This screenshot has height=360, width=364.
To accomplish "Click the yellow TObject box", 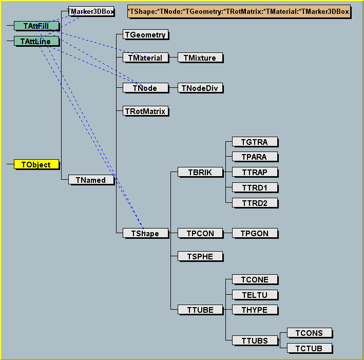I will click(36, 165).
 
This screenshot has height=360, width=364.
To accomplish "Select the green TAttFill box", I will click(36, 26).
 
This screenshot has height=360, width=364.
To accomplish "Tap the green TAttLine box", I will click(36, 41).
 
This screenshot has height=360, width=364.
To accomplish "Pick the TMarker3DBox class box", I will click(91, 11).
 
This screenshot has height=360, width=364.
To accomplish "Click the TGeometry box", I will click(146, 35).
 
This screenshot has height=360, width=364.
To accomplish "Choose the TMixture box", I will click(200, 58).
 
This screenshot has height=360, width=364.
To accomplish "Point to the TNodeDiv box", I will click(200, 88).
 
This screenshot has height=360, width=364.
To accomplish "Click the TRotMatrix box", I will click(146, 111).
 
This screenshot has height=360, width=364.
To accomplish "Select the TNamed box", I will click(91, 180).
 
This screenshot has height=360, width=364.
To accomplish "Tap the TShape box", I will click(146, 234).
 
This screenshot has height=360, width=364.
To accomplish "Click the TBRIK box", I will click(200, 172).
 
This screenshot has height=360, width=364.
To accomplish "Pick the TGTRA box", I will click(255, 142).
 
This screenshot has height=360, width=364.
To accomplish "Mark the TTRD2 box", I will click(255, 203).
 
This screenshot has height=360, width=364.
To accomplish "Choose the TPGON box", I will click(255, 234).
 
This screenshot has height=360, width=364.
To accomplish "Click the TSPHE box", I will click(200, 256).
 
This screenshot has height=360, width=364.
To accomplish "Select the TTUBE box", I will click(200, 310).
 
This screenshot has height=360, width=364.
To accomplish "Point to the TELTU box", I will click(255, 295).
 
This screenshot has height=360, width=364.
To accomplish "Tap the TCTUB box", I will click(309, 349).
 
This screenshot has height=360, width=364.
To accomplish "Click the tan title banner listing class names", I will click(239, 11).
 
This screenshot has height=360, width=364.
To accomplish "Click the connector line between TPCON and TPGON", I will click(228, 234).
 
